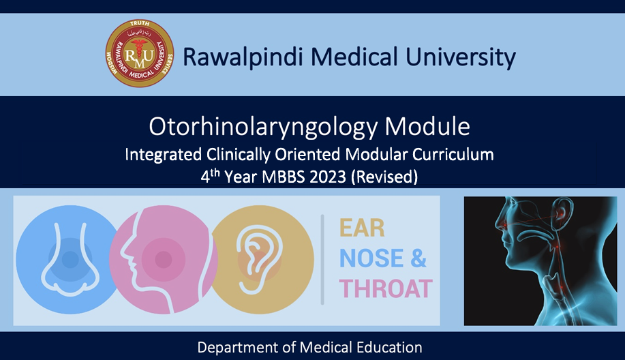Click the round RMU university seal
[x=140, y=53]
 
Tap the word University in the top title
[x=460, y=57]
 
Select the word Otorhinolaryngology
[x=263, y=127]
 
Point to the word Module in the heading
[x=427, y=126]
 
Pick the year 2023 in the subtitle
[x=328, y=177]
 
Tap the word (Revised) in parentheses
[x=384, y=177]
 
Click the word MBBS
[x=284, y=177]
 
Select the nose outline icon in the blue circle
[x=70, y=259]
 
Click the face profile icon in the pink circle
[x=164, y=260]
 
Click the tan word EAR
[x=362, y=228]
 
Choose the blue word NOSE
[x=371, y=258]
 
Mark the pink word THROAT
[x=386, y=288]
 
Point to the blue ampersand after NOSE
[x=418, y=258]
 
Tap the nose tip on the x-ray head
[x=497, y=224]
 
